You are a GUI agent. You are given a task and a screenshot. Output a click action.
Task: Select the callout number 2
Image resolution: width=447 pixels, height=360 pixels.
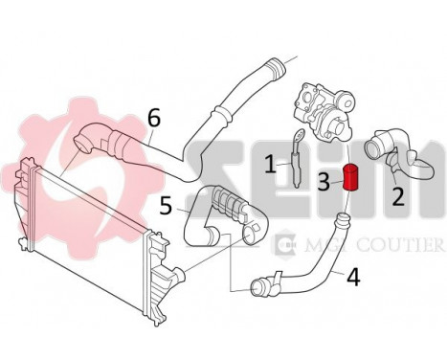tap(398, 195)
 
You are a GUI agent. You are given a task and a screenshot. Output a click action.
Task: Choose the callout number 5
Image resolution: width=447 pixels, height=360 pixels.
tap(167, 205)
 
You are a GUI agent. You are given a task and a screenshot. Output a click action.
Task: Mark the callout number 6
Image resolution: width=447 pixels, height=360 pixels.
tap(153, 120)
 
